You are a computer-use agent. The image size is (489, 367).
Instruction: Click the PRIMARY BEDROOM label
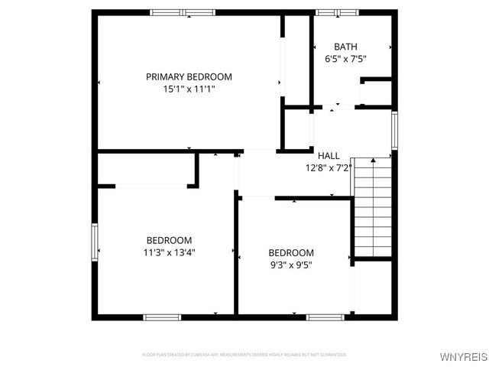(x=189, y=76)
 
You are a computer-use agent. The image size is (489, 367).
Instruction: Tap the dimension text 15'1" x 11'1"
(x=189, y=89)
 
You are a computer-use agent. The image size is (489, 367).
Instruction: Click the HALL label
(x=329, y=156)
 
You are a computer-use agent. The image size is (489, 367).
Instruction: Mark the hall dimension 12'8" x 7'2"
(x=329, y=168)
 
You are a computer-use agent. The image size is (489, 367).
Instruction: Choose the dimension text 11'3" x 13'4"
(x=168, y=252)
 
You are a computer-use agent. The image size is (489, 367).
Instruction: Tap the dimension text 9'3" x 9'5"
(x=290, y=265)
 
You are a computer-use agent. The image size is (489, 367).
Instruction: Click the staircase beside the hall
(x=373, y=206)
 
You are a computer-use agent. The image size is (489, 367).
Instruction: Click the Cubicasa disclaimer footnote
(x=244, y=355)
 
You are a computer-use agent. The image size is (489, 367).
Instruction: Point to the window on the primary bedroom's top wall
(x=182, y=12)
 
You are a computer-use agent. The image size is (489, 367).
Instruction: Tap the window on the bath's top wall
(x=337, y=12)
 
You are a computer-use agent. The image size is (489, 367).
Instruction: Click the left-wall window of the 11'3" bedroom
(x=95, y=241)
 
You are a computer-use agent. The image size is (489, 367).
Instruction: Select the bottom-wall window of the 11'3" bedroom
(x=162, y=317)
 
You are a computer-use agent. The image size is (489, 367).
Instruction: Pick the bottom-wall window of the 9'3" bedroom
(x=324, y=317)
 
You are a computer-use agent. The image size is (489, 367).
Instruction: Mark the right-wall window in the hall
(x=394, y=130)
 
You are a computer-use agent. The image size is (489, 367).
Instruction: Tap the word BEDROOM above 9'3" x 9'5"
(x=290, y=252)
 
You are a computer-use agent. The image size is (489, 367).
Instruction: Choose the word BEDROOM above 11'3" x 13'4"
(x=168, y=239)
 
